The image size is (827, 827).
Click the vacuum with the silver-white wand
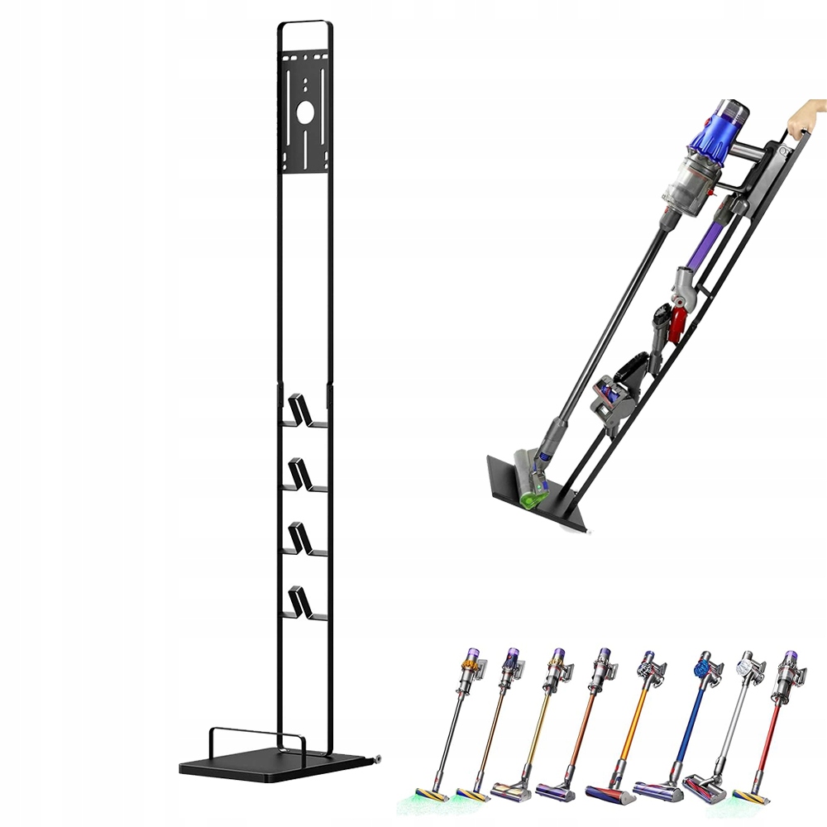728,719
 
